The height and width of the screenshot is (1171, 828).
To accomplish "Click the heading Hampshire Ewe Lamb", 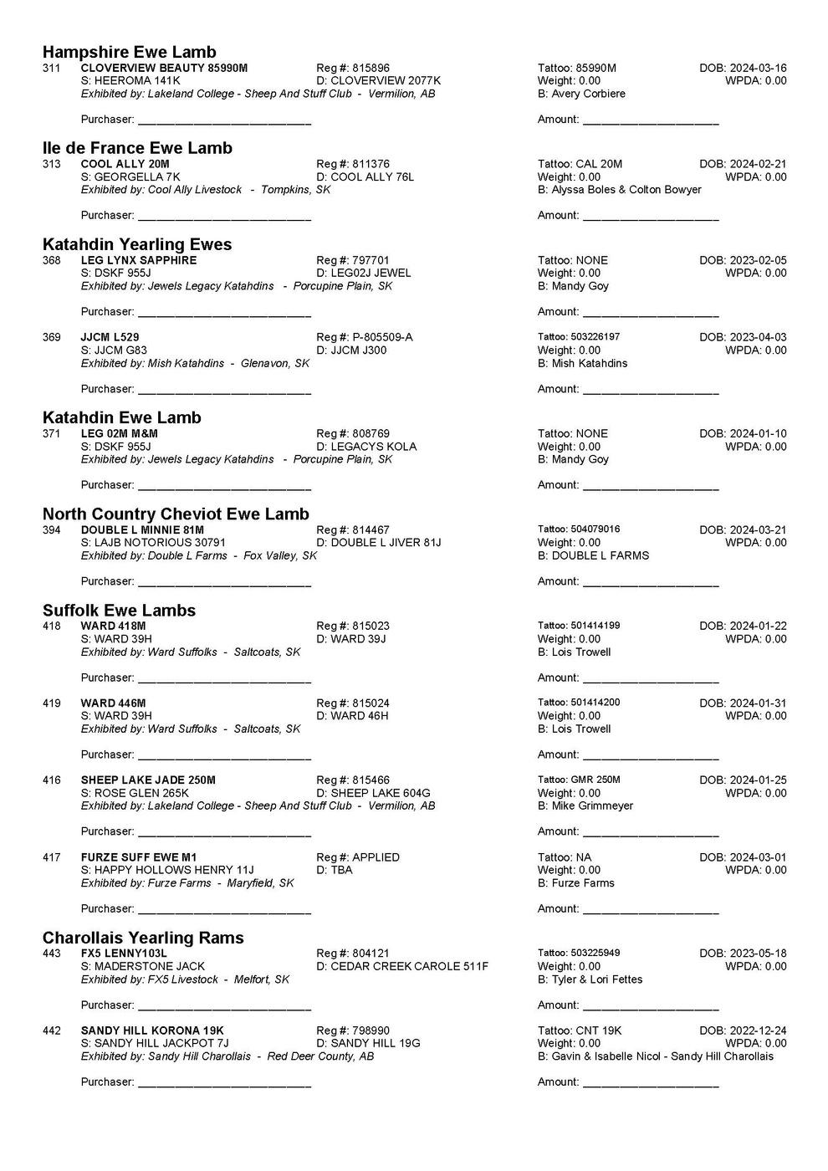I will click(x=129, y=53).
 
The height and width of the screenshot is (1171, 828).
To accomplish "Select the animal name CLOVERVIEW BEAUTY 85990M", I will click(x=164, y=68).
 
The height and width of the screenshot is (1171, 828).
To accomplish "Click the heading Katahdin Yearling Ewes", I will click(x=137, y=244).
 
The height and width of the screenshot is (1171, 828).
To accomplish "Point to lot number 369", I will click(x=52, y=337).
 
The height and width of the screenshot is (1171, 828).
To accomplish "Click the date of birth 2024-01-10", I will click(x=758, y=433).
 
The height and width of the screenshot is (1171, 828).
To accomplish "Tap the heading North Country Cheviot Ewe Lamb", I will click(x=176, y=514).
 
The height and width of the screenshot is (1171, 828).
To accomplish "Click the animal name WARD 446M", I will click(x=114, y=703).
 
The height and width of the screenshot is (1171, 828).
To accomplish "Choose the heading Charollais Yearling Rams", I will click(x=143, y=938).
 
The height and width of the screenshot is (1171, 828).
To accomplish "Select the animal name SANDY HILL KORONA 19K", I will click(x=152, y=1030).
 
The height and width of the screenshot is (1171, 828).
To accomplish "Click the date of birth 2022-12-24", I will click(x=758, y=1030).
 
